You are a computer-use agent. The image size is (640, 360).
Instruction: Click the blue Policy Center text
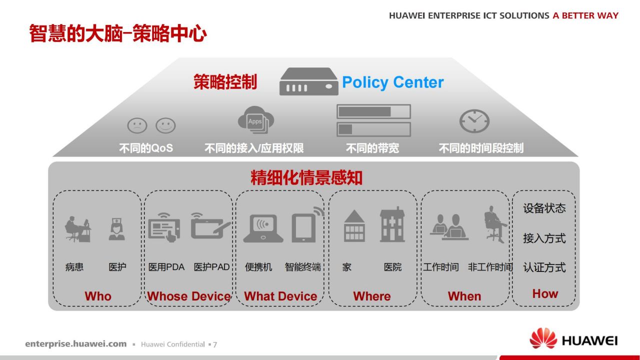pyautogui.click(x=393, y=82)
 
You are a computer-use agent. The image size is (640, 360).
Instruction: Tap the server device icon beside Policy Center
pyautogui.click(x=308, y=81)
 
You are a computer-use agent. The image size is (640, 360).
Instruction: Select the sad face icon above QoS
pyautogui.click(x=137, y=125)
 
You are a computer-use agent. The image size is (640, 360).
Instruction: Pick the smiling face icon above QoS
pyautogui.click(x=165, y=125)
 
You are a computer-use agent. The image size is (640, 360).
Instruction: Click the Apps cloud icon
pyautogui.click(x=255, y=120)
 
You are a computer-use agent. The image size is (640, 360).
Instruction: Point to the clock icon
pyautogui.click(x=474, y=121)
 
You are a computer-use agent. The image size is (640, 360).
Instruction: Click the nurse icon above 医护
pyautogui.click(x=116, y=229)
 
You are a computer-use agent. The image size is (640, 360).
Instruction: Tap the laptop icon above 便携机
pyautogui.click(x=263, y=228)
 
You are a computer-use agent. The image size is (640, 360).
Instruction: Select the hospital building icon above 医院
pyautogui.click(x=392, y=224)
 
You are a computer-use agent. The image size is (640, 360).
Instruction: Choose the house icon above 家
pyautogui.click(x=354, y=226)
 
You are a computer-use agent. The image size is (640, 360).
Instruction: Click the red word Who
pyautogui.click(x=98, y=296)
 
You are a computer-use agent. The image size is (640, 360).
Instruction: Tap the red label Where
pyautogui.click(x=371, y=296)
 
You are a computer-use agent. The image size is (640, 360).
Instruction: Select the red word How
pyautogui.click(x=545, y=293)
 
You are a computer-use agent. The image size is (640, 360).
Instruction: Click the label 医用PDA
pyautogui.click(x=166, y=267)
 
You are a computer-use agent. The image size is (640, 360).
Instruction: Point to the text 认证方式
pyautogui.click(x=544, y=267)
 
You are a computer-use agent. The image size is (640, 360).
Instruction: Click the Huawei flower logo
pyautogui.click(x=543, y=338)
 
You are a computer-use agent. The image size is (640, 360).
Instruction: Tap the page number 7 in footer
pyautogui.click(x=215, y=344)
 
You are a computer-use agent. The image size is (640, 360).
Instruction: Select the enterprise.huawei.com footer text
pyautogui.click(x=75, y=343)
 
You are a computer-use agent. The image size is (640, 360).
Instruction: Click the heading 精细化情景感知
pyautogui.click(x=306, y=177)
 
